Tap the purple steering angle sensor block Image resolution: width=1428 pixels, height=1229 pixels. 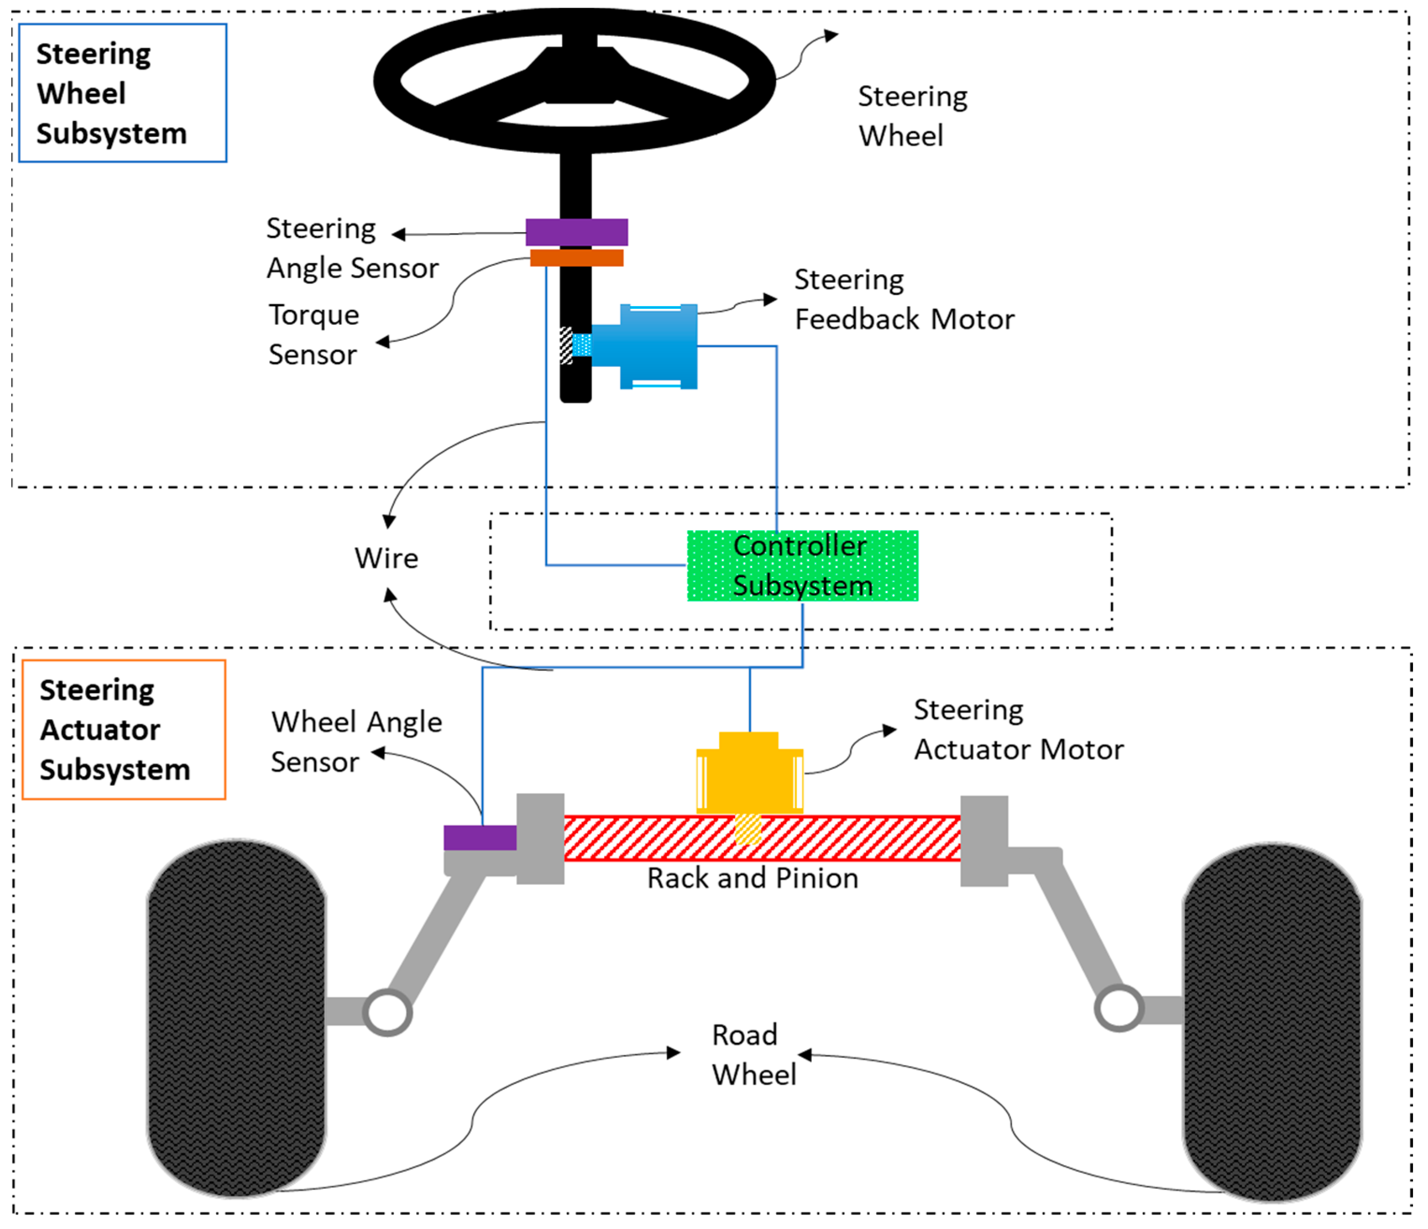tap(577, 232)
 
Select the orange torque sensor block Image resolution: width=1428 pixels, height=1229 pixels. tap(577, 257)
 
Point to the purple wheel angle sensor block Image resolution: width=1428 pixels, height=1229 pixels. tap(481, 838)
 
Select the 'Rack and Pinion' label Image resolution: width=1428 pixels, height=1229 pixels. tap(753, 879)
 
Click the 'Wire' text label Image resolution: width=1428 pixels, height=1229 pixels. tap(386, 558)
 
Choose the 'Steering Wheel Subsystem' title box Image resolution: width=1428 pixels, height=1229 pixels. tap(122, 93)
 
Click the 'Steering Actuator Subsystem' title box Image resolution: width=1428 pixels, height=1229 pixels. tap(124, 729)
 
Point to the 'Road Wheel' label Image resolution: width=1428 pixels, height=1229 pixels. tap(754, 1055)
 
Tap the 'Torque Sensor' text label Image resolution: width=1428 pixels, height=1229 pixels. tap(314, 335)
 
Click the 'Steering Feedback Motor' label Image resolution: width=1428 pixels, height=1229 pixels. tap(904, 300)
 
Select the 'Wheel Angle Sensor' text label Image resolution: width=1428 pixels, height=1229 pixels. tap(356, 742)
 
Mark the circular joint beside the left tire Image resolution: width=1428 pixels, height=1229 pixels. tap(387, 1012)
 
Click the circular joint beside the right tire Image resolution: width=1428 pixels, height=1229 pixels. tap(1119, 1008)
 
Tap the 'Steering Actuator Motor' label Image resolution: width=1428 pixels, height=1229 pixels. tap(1019, 729)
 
